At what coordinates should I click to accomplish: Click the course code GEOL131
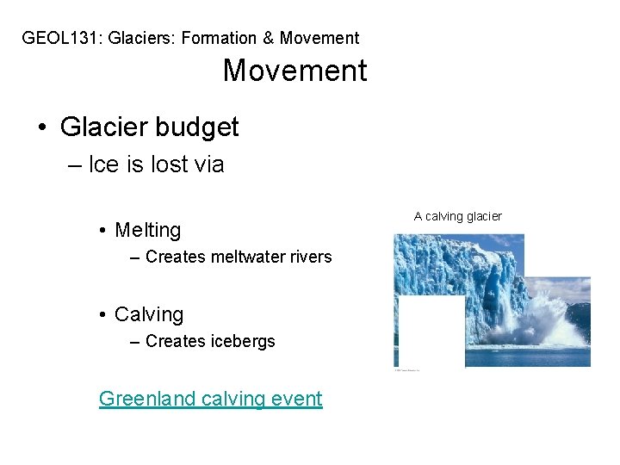point(56,38)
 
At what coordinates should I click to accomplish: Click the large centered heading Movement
point(294,71)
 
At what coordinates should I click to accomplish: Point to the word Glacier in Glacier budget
point(103,127)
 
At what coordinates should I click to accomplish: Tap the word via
point(209,164)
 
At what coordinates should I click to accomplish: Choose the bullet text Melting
point(147,230)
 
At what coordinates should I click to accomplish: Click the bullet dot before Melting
point(102,231)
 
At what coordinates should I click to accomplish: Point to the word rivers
point(310,257)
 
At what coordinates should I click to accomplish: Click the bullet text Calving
point(148,315)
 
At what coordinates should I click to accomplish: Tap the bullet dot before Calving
point(102,316)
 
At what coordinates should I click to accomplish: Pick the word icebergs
point(242,341)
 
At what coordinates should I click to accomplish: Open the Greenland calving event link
point(210,399)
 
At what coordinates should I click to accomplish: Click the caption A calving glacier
point(457,216)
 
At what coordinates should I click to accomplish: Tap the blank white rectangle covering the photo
point(429,332)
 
